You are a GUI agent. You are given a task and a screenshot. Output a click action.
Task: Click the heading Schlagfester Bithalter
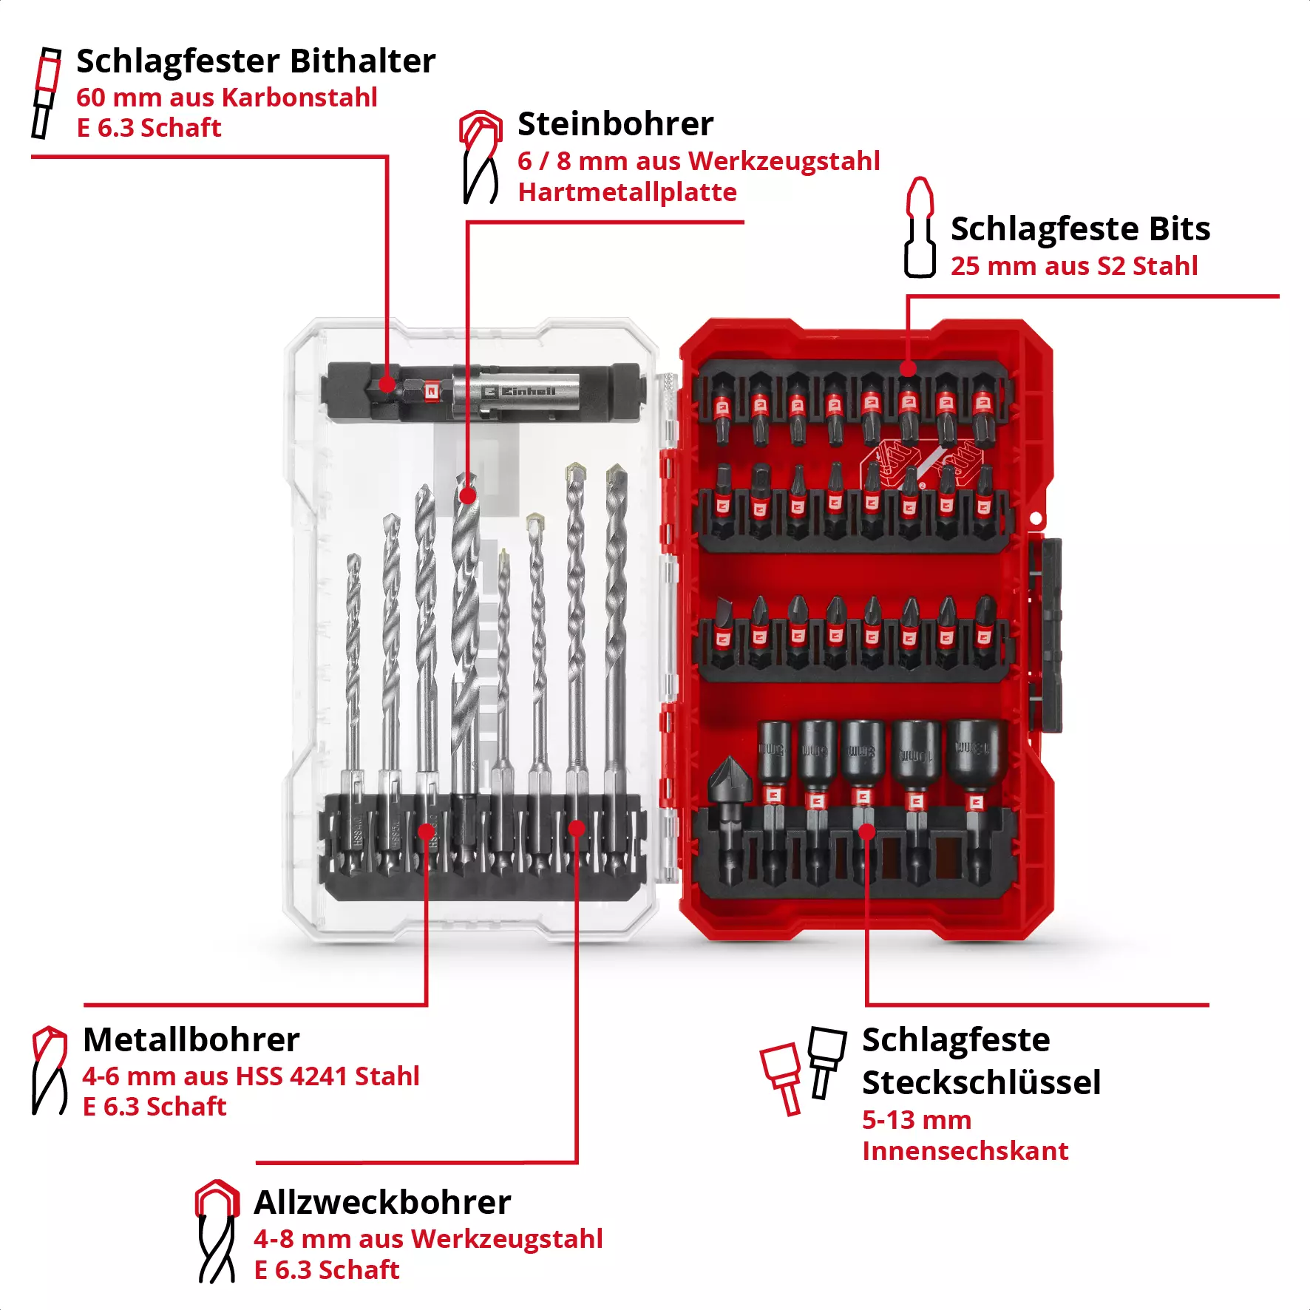pos(256,61)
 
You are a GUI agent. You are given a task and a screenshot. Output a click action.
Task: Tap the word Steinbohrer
pos(615,124)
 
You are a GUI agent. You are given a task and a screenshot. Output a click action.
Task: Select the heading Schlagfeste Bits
pos(1080,229)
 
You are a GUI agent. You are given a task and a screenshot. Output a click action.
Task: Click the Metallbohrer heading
pos(191,1040)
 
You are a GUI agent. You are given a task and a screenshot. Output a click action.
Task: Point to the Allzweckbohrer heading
pos(382,1203)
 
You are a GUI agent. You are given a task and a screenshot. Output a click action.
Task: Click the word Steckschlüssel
pos(981,1083)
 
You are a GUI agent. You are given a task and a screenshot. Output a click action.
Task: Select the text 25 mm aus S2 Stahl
pos(1073,266)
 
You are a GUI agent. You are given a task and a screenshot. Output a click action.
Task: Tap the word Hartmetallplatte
pos(627,192)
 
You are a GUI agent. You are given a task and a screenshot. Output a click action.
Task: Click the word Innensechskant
pos(965,1151)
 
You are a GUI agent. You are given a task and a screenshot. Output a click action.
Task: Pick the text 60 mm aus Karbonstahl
pos(227,98)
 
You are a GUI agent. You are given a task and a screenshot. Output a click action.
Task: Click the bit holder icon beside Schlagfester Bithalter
pos(46,93)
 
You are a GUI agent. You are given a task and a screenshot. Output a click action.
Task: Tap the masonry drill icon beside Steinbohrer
pos(481,157)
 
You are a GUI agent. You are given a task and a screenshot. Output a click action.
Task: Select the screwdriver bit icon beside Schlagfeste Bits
pos(920,228)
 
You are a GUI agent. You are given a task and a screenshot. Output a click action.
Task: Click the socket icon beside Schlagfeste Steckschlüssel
pos(804,1068)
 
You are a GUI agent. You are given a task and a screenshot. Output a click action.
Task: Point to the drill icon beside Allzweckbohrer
pos(217,1231)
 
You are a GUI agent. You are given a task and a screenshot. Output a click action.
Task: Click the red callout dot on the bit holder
pos(387,384)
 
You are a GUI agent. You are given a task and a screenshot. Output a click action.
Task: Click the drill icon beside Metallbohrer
pos(50,1070)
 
